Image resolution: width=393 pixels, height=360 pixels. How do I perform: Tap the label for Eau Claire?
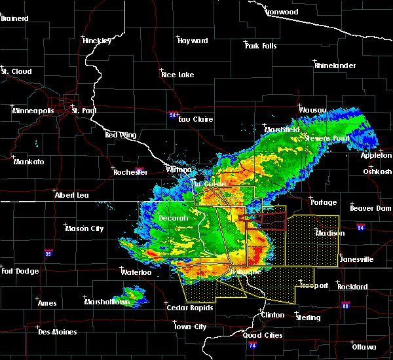click(194, 119)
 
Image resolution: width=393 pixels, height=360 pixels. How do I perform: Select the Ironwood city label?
click(282, 12)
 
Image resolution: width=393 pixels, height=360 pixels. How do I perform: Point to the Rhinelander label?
click(335, 65)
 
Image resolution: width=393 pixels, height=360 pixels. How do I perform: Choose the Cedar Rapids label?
click(189, 308)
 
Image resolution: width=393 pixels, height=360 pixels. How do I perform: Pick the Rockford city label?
click(352, 287)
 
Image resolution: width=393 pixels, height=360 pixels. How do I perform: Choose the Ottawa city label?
click(364, 346)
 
